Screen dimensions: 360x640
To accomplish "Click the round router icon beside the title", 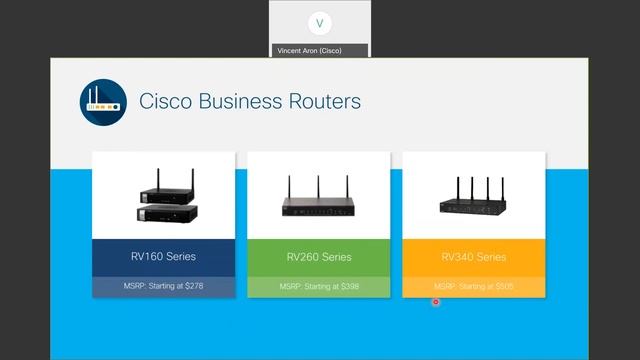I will point(103,101).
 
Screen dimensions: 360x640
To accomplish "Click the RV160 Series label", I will point(163,257).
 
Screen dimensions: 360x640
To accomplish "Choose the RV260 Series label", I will point(319,257).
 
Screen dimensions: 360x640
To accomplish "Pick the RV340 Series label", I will point(473,257).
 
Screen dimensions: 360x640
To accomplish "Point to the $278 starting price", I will point(203,287).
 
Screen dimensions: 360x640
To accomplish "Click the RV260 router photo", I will point(319,204).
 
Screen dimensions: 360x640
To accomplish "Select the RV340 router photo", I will point(474,204).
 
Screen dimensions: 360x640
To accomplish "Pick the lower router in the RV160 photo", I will point(166,212).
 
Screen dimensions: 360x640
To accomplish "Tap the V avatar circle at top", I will point(320,23).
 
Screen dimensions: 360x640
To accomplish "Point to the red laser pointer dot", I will point(436,302).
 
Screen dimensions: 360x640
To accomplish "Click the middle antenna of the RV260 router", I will point(319,186).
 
